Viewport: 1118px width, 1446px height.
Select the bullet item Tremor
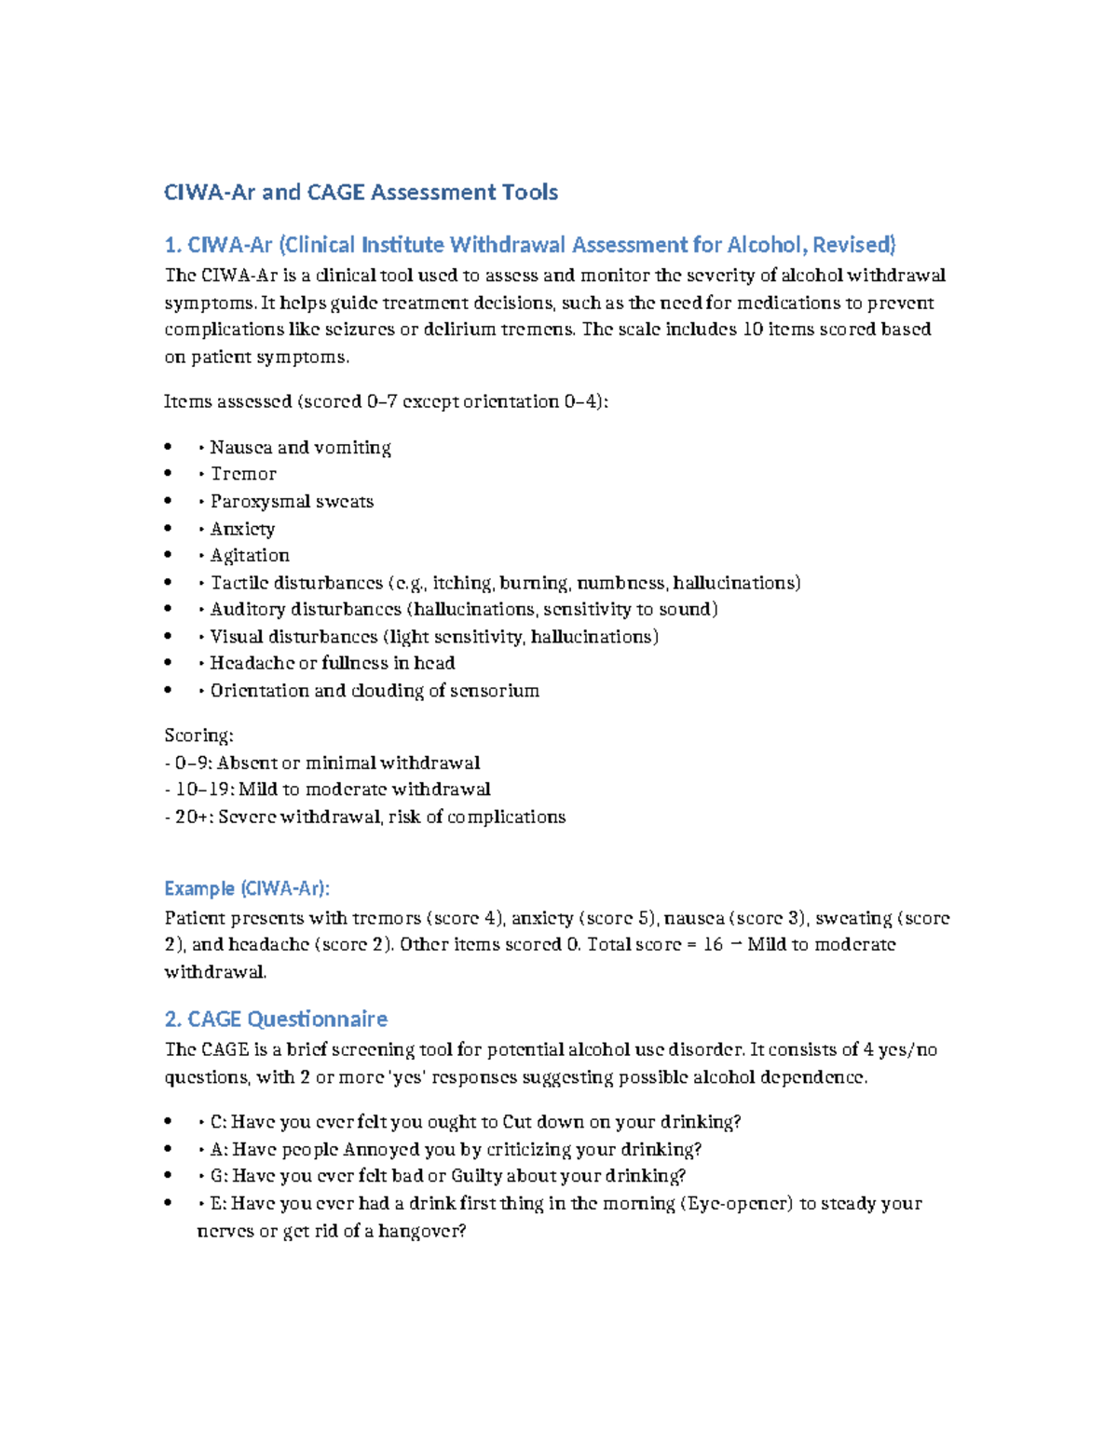pyautogui.click(x=243, y=474)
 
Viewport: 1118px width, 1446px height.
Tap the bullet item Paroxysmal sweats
pyautogui.click(x=292, y=501)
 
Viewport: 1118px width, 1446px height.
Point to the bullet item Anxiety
pyautogui.click(x=242, y=529)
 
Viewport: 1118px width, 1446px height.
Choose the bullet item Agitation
pyautogui.click(x=250, y=556)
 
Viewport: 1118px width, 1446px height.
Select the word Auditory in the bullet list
pyautogui.click(x=247, y=610)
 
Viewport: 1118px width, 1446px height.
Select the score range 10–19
pyautogui.click(x=203, y=790)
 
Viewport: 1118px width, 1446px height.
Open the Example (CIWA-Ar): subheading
pyautogui.click(x=247, y=888)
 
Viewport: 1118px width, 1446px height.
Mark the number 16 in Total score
pyautogui.click(x=713, y=945)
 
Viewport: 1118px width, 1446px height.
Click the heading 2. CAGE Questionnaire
pyautogui.click(x=276, y=1019)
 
